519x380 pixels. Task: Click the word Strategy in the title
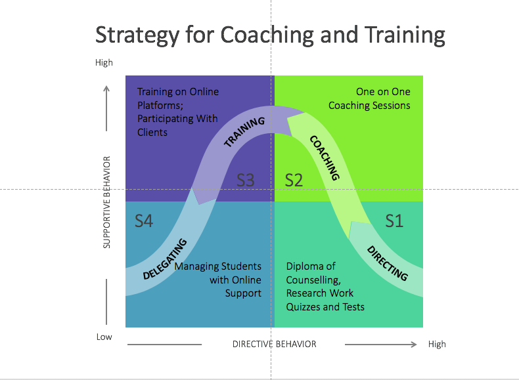click(x=137, y=35)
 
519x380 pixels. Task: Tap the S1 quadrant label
click(x=394, y=221)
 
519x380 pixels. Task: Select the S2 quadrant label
click(x=294, y=180)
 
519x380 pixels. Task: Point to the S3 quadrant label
click(x=245, y=180)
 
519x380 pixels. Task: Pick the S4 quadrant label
click(x=144, y=221)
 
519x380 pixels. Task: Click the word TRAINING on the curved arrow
click(x=244, y=132)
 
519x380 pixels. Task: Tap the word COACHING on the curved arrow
click(x=325, y=158)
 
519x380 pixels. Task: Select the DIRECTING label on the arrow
click(x=387, y=263)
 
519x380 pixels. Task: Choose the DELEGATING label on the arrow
click(x=165, y=259)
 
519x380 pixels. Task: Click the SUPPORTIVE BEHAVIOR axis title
click(x=106, y=202)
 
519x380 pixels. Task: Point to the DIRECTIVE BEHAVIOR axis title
click(x=275, y=345)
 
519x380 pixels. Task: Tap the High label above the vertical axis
click(x=104, y=62)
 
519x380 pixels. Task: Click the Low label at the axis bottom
click(x=104, y=337)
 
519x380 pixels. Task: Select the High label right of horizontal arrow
click(x=437, y=345)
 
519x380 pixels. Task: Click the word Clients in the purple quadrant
click(x=152, y=133)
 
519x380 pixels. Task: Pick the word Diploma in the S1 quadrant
click(x=302, y=266)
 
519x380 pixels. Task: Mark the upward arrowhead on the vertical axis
click(x=106, y=89)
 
